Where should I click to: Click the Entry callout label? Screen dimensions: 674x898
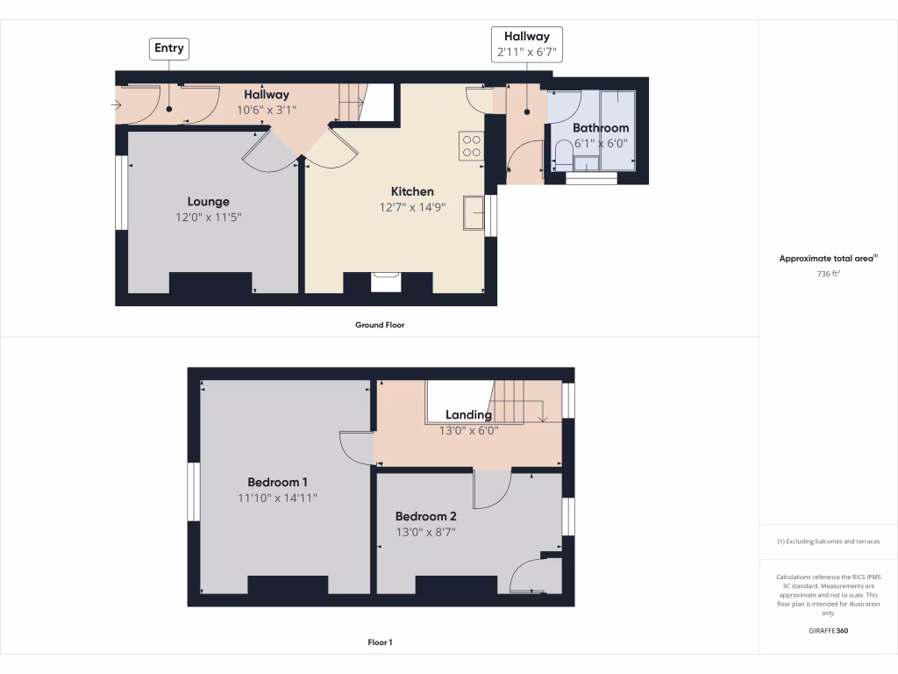tap(169, 48)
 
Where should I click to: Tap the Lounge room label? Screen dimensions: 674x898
tap(208, 201)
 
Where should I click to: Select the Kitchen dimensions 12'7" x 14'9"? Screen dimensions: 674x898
tap(412, 208)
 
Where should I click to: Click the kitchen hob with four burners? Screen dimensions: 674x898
tap(470, 146)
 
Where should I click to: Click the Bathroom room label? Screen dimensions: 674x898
tap(601, 128)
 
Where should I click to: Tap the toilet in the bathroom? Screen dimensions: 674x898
tap(562, 159)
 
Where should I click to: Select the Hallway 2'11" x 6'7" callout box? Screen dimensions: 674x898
tap(526, 44)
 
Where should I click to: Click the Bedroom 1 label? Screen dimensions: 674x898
tap(277, 482)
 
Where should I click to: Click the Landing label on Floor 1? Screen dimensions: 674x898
tap(468, 415)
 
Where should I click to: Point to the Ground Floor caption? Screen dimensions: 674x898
tap(380, 325)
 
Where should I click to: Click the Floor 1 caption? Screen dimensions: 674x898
tap(380, 642)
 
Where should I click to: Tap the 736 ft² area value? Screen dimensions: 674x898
tap(829, 274)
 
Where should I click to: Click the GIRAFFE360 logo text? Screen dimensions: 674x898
tap(829, 631)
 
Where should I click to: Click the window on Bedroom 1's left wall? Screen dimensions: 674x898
tap(194, 492)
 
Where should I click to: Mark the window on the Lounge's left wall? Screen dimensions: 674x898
tap(122, 194)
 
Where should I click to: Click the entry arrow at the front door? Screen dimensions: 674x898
tap(118, 105)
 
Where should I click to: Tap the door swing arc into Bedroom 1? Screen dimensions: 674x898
tap(355, 448)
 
